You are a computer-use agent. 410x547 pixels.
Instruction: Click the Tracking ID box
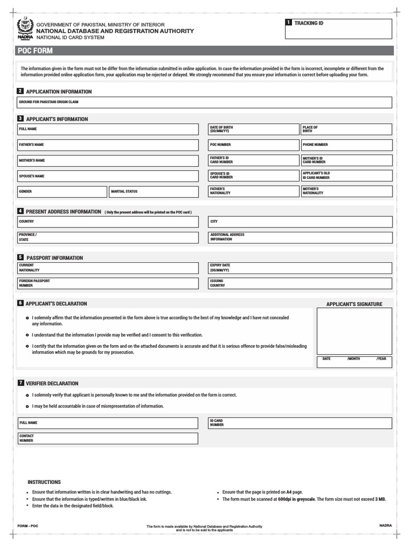pyautogui.click(x=339, y=29)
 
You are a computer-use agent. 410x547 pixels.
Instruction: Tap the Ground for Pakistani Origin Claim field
pyautogui.click(x=205, y=103)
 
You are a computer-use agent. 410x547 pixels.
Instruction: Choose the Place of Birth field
pyautogui.click(x=345, y=129)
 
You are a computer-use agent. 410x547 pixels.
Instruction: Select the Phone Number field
pyautogui.click(x=345, y=145)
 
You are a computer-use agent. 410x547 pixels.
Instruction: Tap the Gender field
pyautogui.click(x=62, y=192)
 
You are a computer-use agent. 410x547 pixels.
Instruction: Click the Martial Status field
pyautogui.click(x=153, y=192)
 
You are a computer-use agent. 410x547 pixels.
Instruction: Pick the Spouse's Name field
pyautogui.click(x=107, y=176)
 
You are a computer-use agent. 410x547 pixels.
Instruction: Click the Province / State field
pyautogui.click(x=107, y=237)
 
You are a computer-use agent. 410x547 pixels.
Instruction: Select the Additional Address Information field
pyautogui.click(x=300, y=237)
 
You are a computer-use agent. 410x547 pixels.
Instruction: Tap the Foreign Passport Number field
pyautogui.click(x=107, y=283)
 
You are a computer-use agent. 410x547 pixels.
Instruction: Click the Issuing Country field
pyautogui.click(x=300, y=283)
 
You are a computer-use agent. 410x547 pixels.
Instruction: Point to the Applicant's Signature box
pyautogui.click(x=354, y=331)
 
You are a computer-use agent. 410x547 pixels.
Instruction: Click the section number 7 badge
pyautogui.click(x=20, y=383)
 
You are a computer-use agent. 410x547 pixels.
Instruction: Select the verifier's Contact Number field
pyautogui.click(x=107, y=439)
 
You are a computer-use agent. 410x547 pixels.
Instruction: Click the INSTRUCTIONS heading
pyautogui.click(x=44, y=482)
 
